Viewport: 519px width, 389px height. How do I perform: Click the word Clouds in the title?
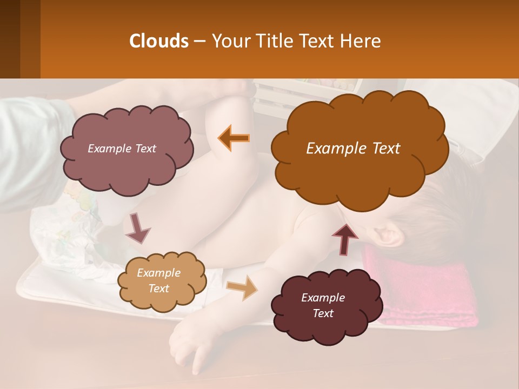pyautogui.click(x=158, y=41)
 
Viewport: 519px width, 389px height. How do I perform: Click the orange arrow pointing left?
pyautogui.click(x=234, y=138)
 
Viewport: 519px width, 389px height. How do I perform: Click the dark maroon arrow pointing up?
pyautogui.click(x=344, y=238)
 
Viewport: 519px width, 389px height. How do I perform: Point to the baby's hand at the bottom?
pyautogui.click(x=189, y=346)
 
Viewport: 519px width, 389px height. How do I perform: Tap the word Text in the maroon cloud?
pyautogui.click(x=323, y=313)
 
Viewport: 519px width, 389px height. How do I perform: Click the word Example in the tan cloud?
pyautogui.click(x=158, y=273)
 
